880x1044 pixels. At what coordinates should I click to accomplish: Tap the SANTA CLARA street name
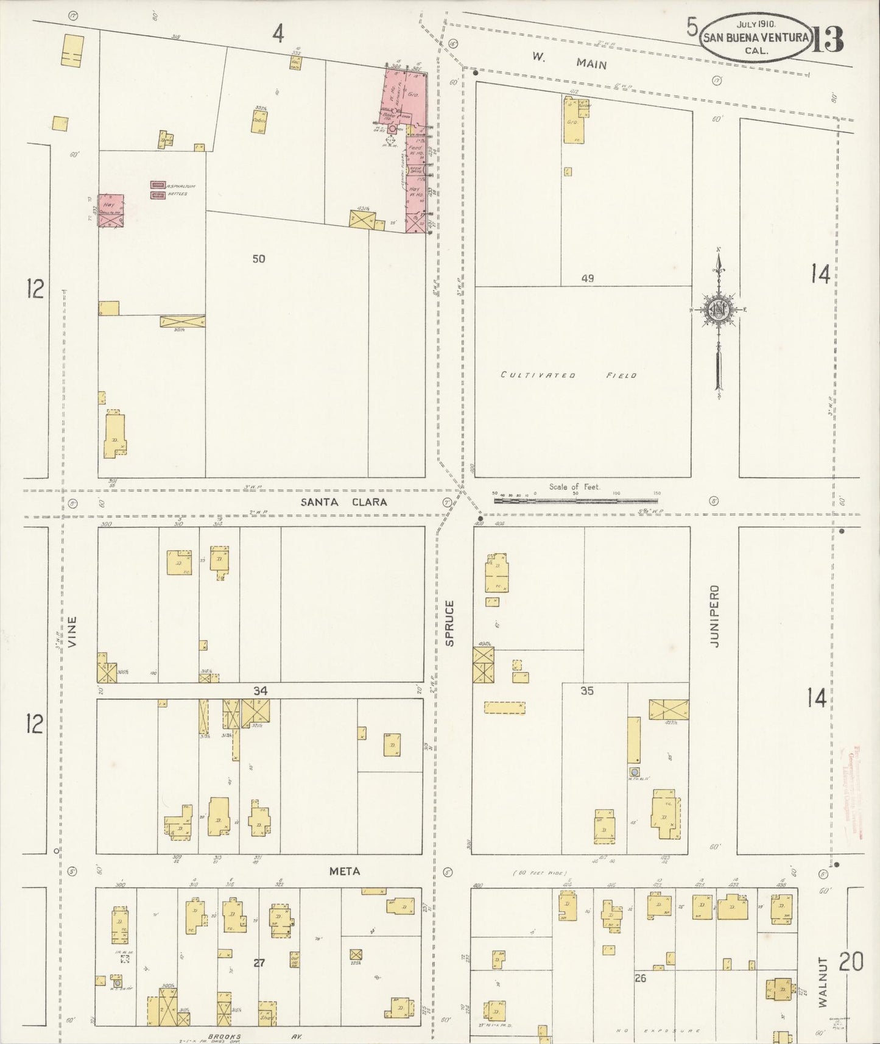344,502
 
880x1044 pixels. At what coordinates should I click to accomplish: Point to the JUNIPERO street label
714,616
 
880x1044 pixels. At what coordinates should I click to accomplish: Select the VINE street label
72,632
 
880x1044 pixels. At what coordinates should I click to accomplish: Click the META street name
345,872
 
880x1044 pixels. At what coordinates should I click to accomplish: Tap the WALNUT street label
823,981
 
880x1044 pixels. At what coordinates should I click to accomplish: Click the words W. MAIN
569,60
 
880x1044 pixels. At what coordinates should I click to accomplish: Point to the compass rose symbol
719,311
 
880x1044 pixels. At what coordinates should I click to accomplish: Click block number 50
259,259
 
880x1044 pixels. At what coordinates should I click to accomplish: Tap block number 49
587,278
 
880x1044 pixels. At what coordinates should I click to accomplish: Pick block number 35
586,691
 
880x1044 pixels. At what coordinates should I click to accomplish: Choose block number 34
260,691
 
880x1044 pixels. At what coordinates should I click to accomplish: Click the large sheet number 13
827,40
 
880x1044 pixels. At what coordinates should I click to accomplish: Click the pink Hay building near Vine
111,211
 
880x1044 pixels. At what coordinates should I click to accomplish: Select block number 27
259,963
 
